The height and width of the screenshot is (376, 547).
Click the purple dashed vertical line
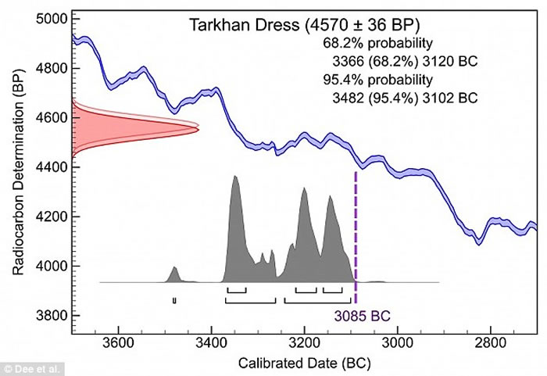[356, 235]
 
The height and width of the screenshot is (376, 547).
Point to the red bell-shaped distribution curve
[133, 127]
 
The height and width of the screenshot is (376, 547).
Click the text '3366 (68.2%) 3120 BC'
[400, 60]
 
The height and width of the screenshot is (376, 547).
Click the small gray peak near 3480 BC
[174, 274]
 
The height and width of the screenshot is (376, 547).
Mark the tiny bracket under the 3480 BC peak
[174, 300]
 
